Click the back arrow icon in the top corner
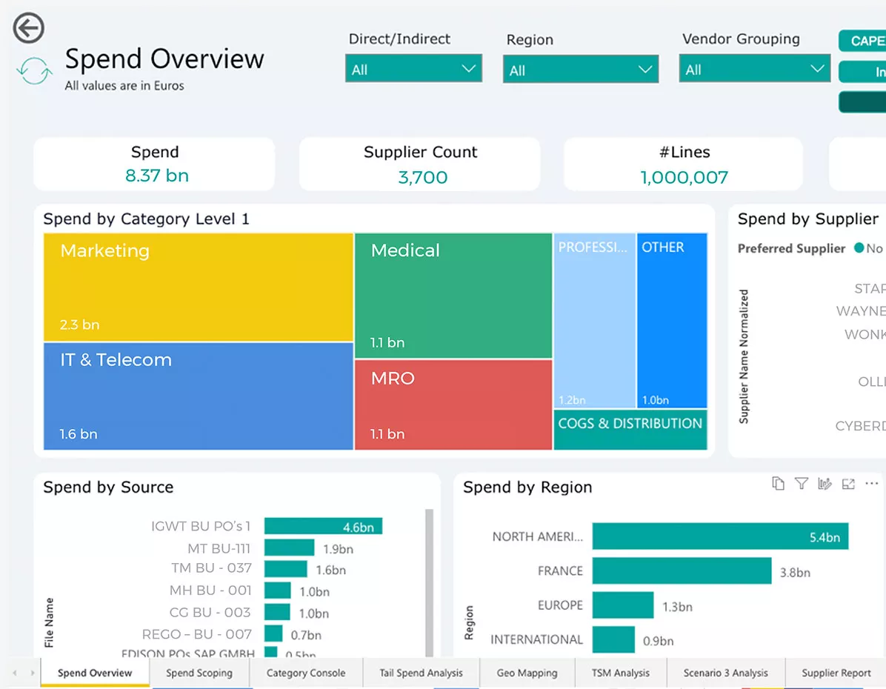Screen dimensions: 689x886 pos(29,29)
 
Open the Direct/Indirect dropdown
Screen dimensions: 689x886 pos(413,69)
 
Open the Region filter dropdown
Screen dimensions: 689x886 pos(580,70)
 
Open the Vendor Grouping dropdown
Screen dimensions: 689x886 pos(754,69)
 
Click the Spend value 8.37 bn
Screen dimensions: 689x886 pos(156,176)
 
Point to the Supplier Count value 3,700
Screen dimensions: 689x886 pos(422,178)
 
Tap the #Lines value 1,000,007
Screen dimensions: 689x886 pos(684,178)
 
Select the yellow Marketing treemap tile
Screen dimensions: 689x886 pos(198,287)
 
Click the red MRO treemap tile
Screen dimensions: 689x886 pos(453,405)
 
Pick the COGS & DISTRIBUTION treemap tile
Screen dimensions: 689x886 pos(630,430)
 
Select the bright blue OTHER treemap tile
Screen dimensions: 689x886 pos(672,320)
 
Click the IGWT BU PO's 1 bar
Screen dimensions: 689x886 pos(323,527)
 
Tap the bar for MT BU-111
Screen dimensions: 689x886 pos(289,548)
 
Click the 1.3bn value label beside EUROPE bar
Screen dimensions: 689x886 pos(677,607)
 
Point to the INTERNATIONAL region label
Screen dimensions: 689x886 pos(536,639)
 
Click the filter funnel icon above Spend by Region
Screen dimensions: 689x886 pos(801,484)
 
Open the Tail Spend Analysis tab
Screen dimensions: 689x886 pos(421,673)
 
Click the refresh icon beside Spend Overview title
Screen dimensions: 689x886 pos(34,71)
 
